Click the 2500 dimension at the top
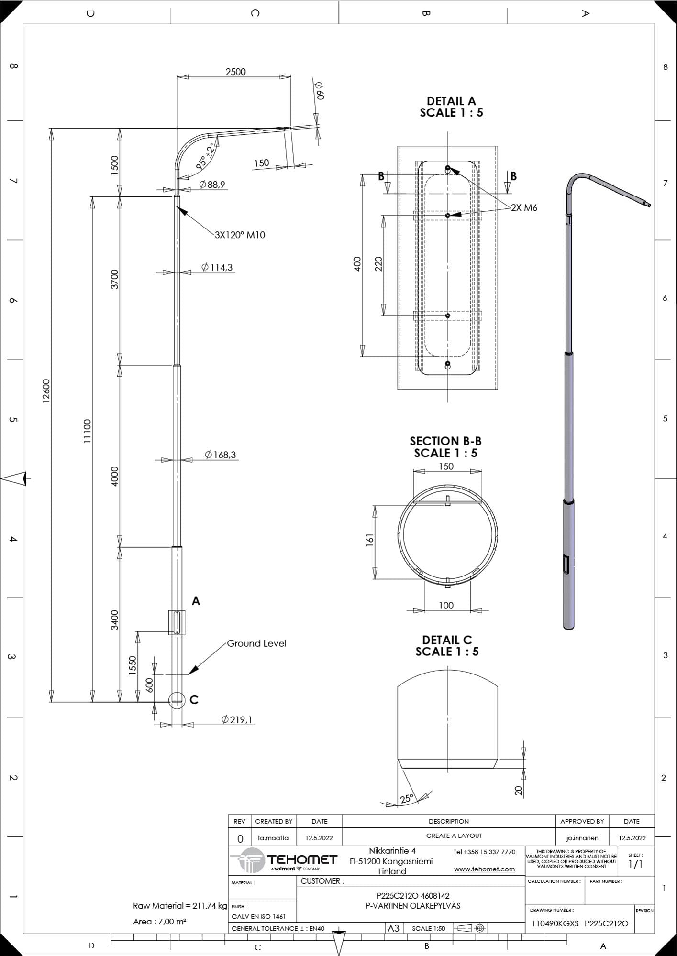pos(235,72)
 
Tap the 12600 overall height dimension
pos(46,391)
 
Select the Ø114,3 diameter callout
pos(217,267)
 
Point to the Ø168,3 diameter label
pos(221,455)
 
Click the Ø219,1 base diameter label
pos(237,719)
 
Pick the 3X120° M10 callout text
pos(240,235)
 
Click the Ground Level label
pos(256,643)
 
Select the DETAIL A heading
pos(451,101)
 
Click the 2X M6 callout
pos(524,207)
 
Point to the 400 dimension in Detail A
pos(357,264)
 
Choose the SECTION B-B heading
pos(445,441)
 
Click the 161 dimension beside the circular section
pos(369,540)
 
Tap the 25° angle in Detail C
pos(406,799)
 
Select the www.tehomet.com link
pos(484,869)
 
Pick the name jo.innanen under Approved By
pos(582,838)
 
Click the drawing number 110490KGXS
pos(555,923)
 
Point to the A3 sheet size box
pos(393,928)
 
